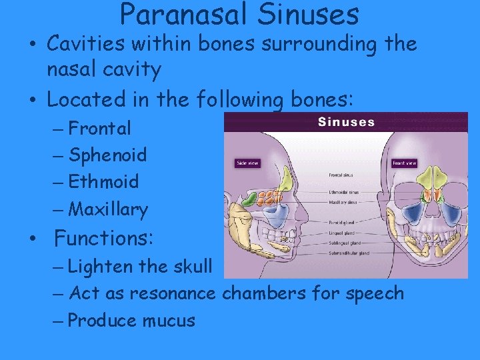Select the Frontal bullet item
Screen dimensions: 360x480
point(99,127)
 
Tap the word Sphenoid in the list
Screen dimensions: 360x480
point(107,155)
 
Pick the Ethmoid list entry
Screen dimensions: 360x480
point(103,181)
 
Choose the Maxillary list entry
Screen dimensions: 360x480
point(108,209)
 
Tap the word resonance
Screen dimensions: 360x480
point(173,293)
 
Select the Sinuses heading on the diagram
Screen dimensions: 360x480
point(346,122)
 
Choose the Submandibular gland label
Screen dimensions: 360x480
point(348,253)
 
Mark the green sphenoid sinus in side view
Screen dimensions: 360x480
point(247,199)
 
